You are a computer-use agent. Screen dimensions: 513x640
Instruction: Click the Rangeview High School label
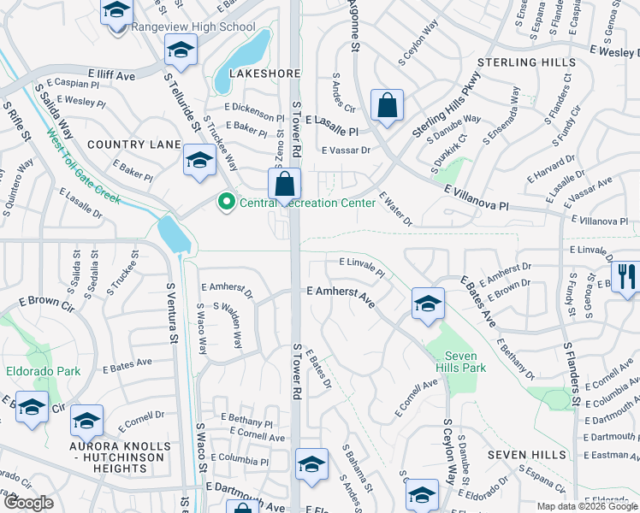193,27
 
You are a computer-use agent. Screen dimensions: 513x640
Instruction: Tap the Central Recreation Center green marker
227,203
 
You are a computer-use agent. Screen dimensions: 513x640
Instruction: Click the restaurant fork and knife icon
627,275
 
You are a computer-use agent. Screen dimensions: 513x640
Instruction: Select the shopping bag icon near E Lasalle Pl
388,106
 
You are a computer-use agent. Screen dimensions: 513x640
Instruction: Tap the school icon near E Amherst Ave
428,303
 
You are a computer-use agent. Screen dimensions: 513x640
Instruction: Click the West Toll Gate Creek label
84,167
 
